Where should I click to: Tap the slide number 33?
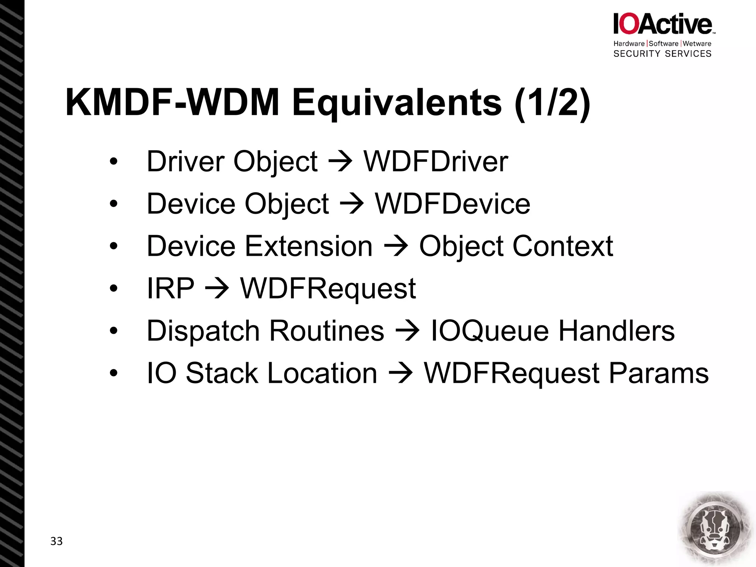[56, 541]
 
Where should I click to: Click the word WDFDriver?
[436, 162]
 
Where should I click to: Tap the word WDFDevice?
[453, 204]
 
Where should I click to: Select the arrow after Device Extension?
[396, 247]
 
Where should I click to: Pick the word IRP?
[170, 288]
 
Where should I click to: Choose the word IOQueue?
[489, 331]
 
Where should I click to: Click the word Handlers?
[616, 331]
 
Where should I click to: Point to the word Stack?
[222, 373]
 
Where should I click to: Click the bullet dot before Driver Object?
[113, 162]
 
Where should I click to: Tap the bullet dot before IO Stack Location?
[113, 373]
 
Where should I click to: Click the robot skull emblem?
[715, 528]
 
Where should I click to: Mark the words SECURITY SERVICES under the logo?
[662, 54]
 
